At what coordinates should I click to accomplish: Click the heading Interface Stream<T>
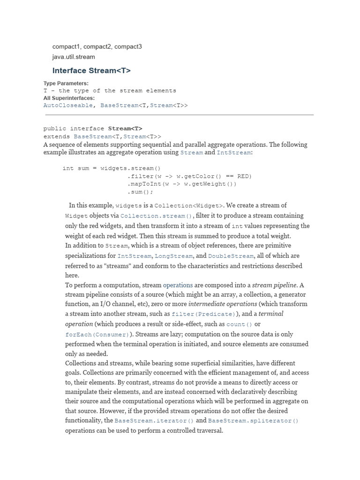tap(91, 71)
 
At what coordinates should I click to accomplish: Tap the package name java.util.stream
tap(74, 57)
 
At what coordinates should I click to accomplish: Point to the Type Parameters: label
tap(66, 83)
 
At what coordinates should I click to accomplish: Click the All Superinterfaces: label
tap(69, 98)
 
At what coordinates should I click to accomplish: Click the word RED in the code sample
tap(243, 176)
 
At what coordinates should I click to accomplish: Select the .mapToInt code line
tap(182, 184)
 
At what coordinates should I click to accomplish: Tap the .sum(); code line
tap(140, 192)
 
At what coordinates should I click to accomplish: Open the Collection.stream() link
tap(156, 216)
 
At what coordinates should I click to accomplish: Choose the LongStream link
tap(173, 256)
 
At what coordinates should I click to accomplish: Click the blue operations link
tap(178, 285)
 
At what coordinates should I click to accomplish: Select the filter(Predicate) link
tap(203, 314)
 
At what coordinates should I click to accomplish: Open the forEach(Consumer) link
tap(97, 335)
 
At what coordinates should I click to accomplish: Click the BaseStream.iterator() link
tap(154, 421)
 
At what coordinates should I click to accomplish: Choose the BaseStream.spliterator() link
tap(253, 421)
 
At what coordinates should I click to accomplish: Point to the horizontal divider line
tap(179, 115)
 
